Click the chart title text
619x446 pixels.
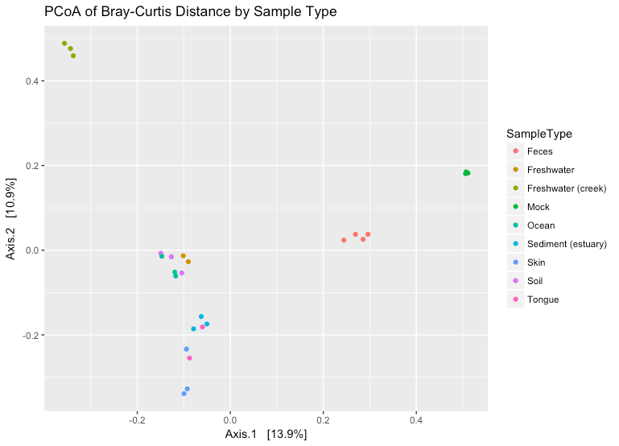pyautogui.click(x=190, y=11)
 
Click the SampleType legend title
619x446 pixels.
pyautogui.click(x=539, y=134)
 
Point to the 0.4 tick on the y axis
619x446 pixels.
pyautogui.click(x=32, y=81)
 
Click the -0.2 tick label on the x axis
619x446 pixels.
pyautogui.click(x=137, y=420)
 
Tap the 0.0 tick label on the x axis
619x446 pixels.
pyautogui.click(x=230, y=420)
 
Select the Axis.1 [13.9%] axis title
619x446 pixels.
pyautogui.click(x=266, y=435)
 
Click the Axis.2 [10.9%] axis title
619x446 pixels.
pyautogui.click(x=11, y=219)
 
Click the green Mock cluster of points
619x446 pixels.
pyautogui.click(x=466, y=173)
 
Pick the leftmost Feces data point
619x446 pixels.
pyautogui.click(x=344, y=241)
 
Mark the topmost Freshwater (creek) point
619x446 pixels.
pyautogui.click(x=64, y=43)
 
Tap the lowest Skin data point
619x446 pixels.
pyautogui.click(x=184, y=394)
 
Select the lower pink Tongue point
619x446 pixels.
pyautogui.click(x=189, y=358)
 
